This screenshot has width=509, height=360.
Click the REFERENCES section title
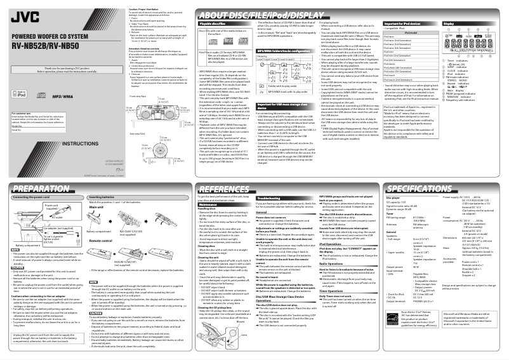click(212, 189)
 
